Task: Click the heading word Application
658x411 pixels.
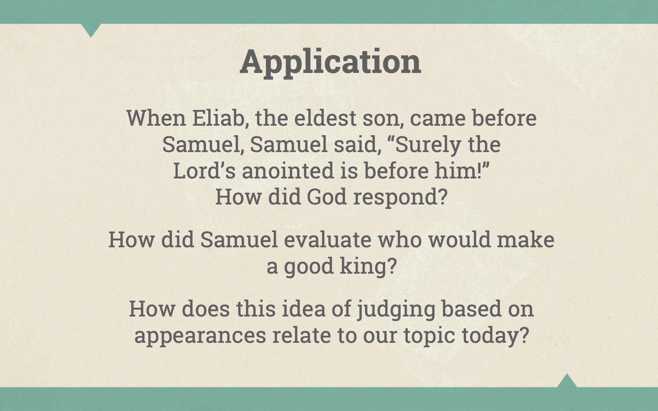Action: [x=330, y=62]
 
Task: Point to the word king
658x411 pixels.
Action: [x=368, y=266]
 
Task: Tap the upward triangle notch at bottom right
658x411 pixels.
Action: [x=567, y=381]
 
